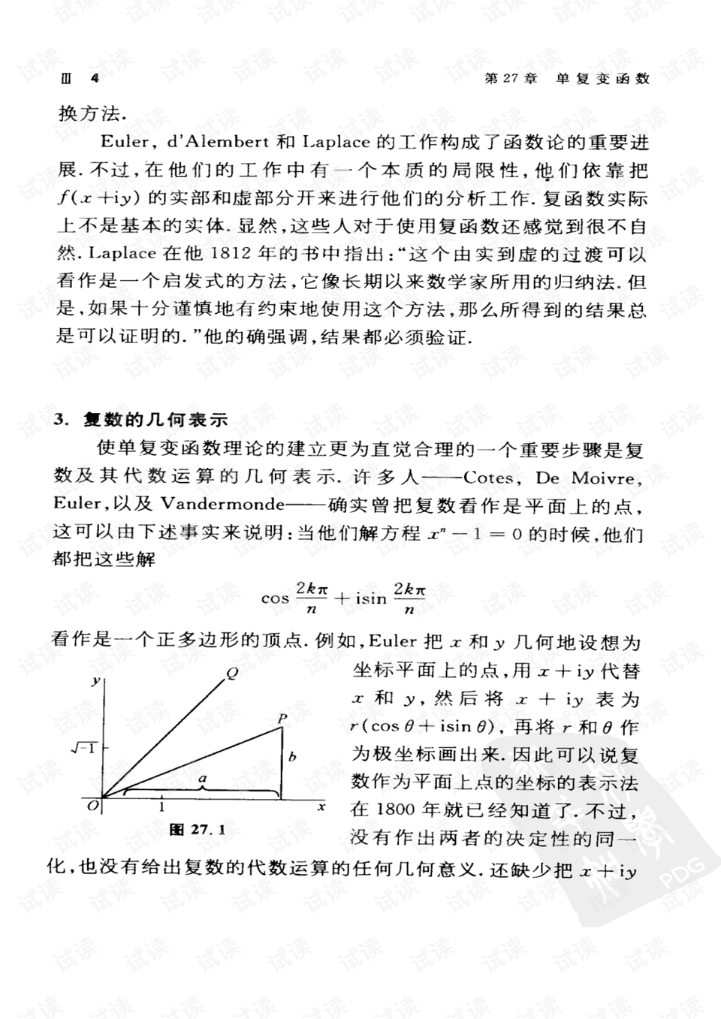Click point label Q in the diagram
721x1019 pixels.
[x=232, y=673]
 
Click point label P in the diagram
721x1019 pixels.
[x=282, y=719]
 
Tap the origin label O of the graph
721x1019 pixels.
[x=92, y=806]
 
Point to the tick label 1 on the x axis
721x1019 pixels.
[x=161, y=806]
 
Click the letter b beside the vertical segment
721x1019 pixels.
[x=292, y=757]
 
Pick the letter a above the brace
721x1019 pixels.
[x=202, y=779]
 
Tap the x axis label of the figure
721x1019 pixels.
[x=321, y=806]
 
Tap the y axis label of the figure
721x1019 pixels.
[x=95, y=680]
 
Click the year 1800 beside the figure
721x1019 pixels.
[x=396, y=809]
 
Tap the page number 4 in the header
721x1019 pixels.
[x=94, y=79]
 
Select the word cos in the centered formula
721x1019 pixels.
[x=275, y=598]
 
